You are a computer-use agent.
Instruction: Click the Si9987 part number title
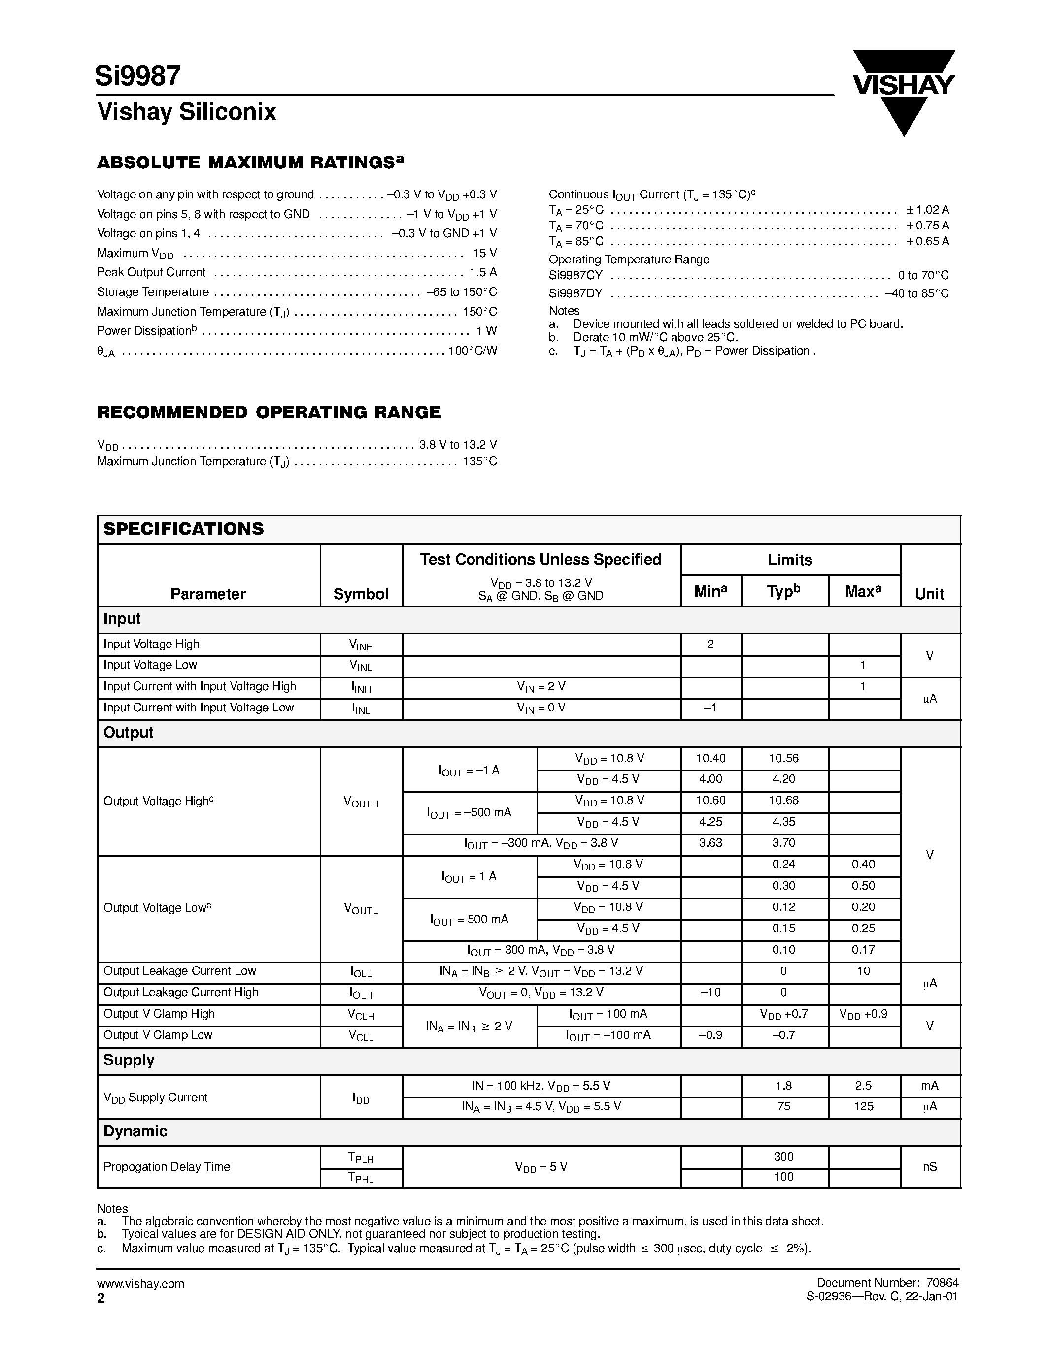(137, 76)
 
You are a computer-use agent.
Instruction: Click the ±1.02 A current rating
(927, 210)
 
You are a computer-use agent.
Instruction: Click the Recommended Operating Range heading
(269, 412)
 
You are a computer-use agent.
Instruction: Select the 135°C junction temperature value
(479, 461)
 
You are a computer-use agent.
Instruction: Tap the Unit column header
(929, 594)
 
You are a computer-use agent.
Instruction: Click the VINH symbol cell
(361, 645)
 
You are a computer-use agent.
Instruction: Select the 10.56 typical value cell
(783, 758)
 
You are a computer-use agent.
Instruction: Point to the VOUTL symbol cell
(361, 909)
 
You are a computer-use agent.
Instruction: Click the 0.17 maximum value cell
(863, 950)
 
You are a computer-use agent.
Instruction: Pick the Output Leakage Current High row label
(180, 992)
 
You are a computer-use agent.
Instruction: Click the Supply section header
(129, 1060)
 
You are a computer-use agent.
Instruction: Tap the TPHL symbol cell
(361, 1177)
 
